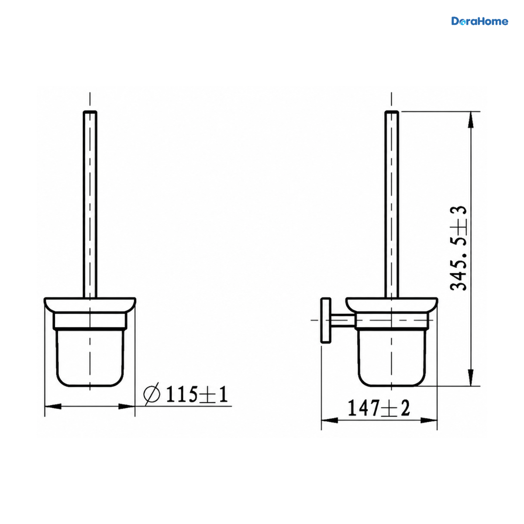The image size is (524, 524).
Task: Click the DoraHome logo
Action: pos(479,21)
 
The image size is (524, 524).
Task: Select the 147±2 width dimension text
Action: pos(379,408)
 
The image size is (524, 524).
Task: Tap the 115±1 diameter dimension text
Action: pos(196,394)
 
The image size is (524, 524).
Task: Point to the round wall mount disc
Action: pos(326,320)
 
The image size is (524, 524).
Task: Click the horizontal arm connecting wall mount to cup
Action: pos(343,320)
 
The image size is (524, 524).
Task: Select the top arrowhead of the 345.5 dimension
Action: pos(471,119)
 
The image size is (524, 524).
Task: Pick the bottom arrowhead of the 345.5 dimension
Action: pos(471,377)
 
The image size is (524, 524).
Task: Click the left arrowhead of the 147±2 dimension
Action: pos(330,421)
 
